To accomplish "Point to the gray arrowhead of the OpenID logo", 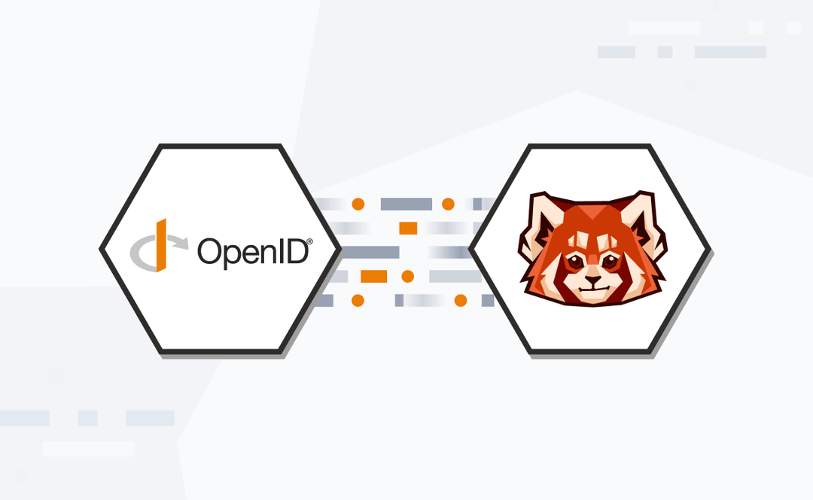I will [x=183, y=241].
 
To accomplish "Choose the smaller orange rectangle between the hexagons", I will [x=408, y=228].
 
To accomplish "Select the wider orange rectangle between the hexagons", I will [x=373, y=277].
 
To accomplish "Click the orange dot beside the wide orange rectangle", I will [x=407, y=277].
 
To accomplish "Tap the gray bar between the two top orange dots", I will [x=406, y=204].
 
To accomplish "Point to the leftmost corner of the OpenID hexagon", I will [x=101, y=249].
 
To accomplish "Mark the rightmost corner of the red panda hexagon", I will [x=711, y=249].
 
